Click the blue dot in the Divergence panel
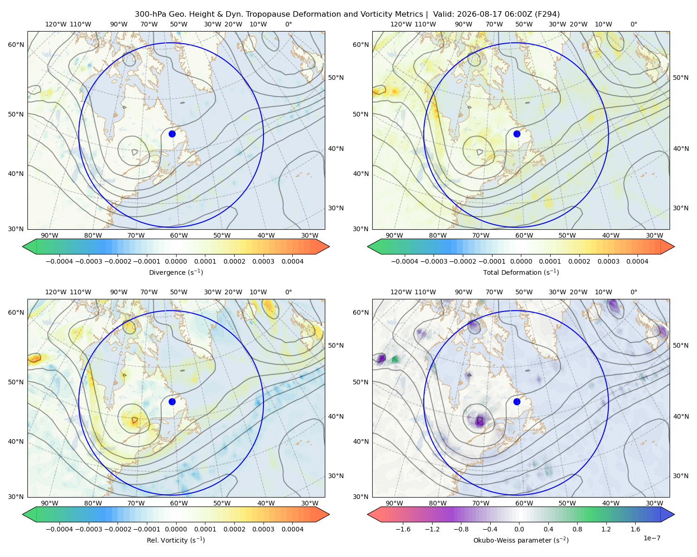coord(172,134)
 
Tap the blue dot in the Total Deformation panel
coord(517,134)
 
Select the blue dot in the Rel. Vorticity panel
coord(172,402)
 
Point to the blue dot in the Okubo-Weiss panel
coord(517,402)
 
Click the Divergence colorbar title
coord(176,272)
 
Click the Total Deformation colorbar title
coord(521,272)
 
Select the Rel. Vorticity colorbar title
coord(176,540)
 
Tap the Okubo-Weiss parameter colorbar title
coord(521,540)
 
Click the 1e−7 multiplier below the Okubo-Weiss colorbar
coord(651,538)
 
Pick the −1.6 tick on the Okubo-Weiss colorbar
coord(403,529)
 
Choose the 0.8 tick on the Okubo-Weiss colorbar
coord(577,529)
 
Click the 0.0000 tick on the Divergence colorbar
coord(176,261)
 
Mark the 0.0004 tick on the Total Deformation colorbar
coord(637,261)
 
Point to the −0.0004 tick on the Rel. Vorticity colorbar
coord(59,529)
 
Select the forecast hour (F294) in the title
coord(548,14)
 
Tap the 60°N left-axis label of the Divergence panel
coord(16,45)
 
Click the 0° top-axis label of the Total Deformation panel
coord(633,24)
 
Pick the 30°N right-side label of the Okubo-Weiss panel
coord(680,475)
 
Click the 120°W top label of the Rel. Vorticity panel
coord(56,291)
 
